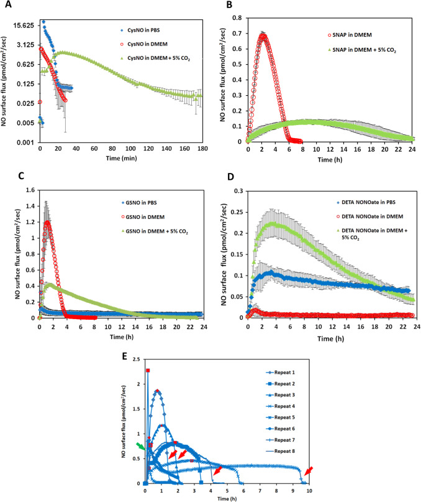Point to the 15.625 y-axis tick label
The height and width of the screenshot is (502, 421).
[23, 26]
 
